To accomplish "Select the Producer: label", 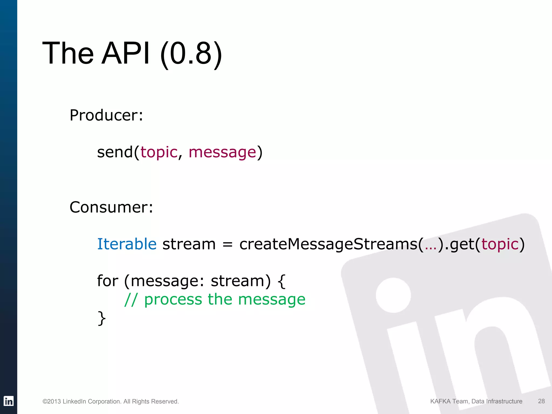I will (106, 115).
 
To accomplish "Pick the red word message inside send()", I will (222, 153).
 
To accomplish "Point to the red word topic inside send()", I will (159, 153).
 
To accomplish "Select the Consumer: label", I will (111, 207).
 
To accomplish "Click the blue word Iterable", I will (127, 244).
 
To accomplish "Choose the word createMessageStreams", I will (328, 244).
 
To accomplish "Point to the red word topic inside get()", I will (500, 244).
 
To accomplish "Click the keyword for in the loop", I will (108, 281).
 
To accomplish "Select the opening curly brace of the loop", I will (281, 281).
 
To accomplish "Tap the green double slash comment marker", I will (131, 299).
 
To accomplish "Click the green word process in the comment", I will (173, 300).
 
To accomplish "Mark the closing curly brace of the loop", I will (102, 318).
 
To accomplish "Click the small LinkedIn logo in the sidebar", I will (9, 401).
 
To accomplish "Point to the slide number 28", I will (541, 401).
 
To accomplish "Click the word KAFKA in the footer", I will (440, 401).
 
